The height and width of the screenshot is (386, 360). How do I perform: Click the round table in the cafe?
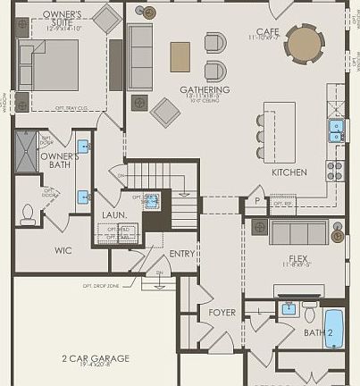pyautogui.click(x=306, y=41)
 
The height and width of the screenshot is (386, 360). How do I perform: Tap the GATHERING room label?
pyautogui.click(x=205, y=90)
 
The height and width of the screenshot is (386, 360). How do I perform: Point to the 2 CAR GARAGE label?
pyautogui.click(x=95, y=359)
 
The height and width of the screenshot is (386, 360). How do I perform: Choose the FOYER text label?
pyautogui.click(x=222, y=313)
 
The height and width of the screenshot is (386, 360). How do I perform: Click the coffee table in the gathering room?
pyautogui.click(x=180, y=56)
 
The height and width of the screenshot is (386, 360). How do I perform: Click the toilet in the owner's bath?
pyautogui.click(x=27, y=214)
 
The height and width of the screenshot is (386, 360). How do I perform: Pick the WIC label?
pyautogui.click(x=63, y=250)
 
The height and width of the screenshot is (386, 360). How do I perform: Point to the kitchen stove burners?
pyautogui.click(x=335, y=170)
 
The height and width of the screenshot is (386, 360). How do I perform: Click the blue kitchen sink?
pyautogui.click(x=336, y=132)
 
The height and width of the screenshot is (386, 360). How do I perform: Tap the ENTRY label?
pyautogui.click(x=182, y=254)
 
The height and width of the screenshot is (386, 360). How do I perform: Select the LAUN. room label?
pyautogui.click(x=113, y=215)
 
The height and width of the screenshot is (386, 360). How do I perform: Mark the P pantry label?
pyautogui.click(x=258, y=202)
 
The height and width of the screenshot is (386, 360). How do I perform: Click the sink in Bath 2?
pyautogui.click(x=289, y=309)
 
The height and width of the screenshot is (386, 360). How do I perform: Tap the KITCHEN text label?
pyautogui.click(x=289, y=172)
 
